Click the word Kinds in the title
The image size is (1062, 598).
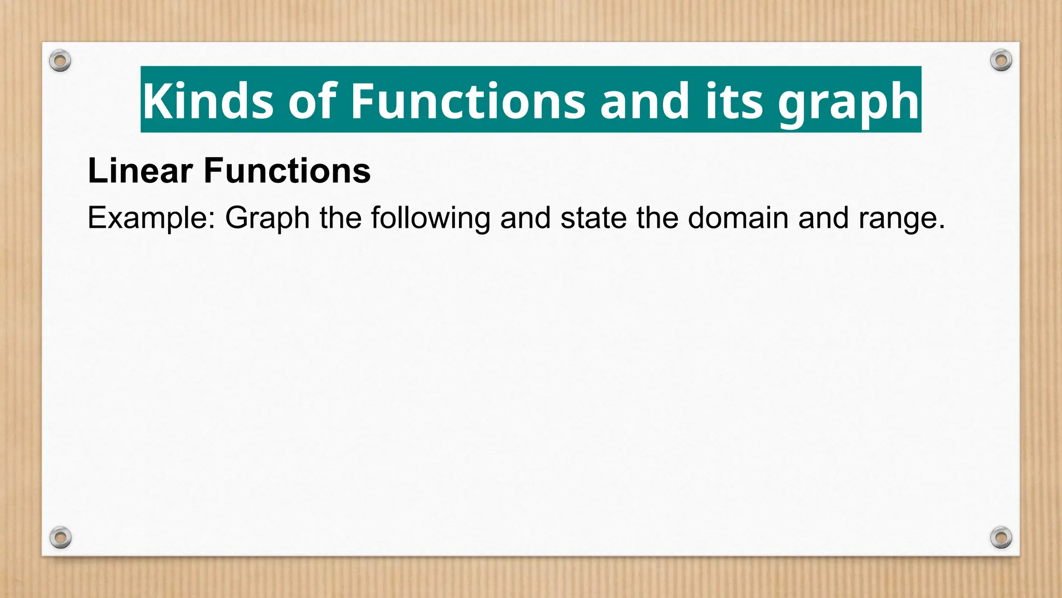pos(207,101)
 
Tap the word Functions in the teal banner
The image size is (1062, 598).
pos(468,101)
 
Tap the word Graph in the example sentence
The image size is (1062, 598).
pos(267,218)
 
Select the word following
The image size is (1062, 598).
pos(430,218)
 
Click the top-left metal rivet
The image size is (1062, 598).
pos(60,61)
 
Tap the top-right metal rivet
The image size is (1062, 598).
pos(1001,61)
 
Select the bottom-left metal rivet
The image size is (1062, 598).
pos(60,537)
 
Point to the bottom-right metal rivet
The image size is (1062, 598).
pos(1001,537)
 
